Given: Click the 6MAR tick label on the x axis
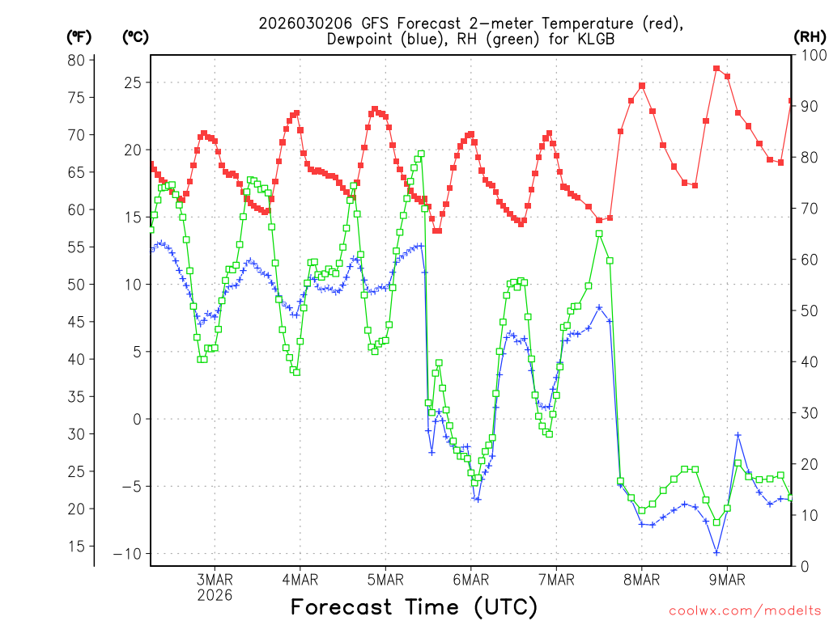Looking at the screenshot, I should [x=470, y=580].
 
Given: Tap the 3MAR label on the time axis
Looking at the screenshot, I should [x=215, y=580].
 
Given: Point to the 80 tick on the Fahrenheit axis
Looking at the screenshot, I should [x=76, y=60].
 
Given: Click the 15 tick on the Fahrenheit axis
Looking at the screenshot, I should [x=76, y=546].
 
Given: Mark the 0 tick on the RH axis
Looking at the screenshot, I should [x=805, y=566].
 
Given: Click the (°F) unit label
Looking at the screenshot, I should [x=79, y=36].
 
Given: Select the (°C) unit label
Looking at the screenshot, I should [x=135, y=36].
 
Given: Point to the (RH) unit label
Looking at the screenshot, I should [x=810, y=36].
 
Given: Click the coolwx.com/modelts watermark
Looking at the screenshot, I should [x=745, y=610].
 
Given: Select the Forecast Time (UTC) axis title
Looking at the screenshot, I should [x=414, y=606].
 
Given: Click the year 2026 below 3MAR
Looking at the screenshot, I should [x=215, y=595].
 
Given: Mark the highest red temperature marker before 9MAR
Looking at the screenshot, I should [x=716, y=69].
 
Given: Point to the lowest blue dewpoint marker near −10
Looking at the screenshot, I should [x=716, y=552].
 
